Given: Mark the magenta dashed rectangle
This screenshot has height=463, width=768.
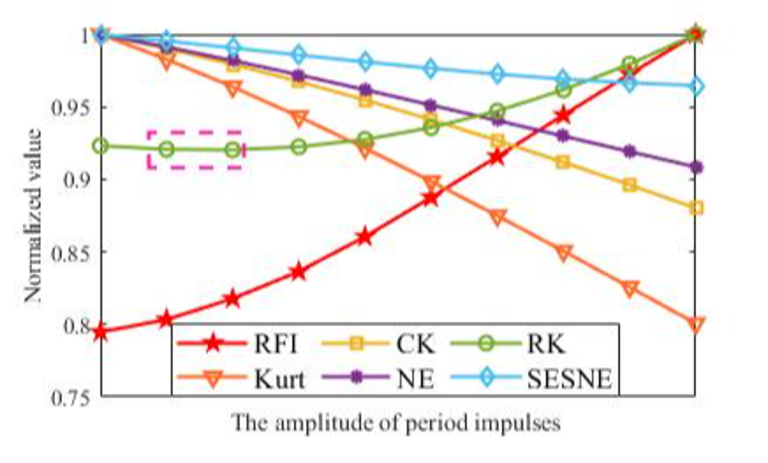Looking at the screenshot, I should (195, 150).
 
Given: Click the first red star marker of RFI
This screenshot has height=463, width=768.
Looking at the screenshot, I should (101, 332).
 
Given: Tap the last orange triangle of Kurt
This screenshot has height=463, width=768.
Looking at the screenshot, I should (696, 325).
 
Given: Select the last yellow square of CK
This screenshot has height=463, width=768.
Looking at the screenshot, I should (696, 208).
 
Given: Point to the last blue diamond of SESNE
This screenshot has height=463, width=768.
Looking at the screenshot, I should (696, 87).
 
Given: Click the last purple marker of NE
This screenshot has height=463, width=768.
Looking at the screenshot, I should (696, 167).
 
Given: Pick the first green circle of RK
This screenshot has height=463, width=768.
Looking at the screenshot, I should (101, 146).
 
